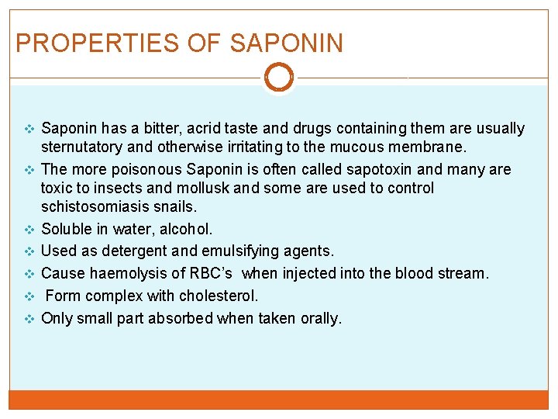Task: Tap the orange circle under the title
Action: (279, 77)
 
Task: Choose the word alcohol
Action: (185, 229)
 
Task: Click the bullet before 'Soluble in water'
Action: (30, 230)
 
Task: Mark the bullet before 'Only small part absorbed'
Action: (30, 319)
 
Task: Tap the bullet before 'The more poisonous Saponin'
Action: (30, 170)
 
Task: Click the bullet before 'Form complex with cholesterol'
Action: (30, 296)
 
